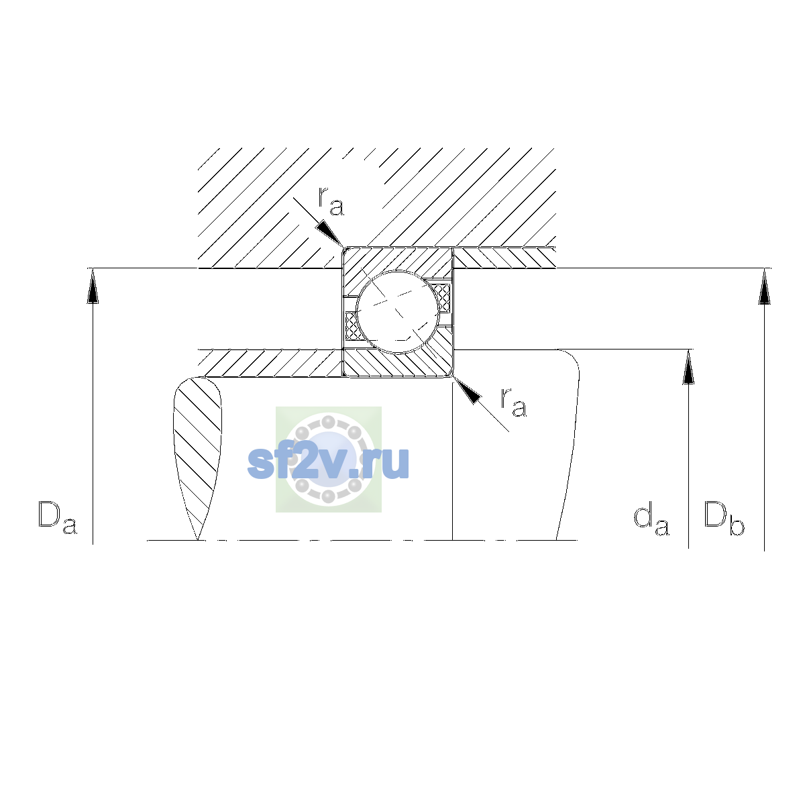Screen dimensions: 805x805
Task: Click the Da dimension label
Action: tap(58, 517)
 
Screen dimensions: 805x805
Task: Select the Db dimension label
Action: tap(724, 518)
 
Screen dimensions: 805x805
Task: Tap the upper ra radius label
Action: tap(331, 202)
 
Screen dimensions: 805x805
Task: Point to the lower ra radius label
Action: tap(514, 402)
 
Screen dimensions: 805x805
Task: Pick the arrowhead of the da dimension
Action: tap(688, 367)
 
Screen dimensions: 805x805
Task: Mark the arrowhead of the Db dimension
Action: tap(765, 286)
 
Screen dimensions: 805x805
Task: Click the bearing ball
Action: tap(398, 312)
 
